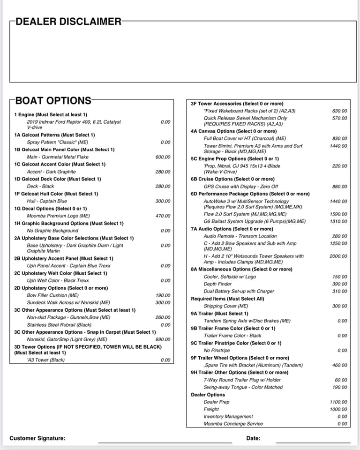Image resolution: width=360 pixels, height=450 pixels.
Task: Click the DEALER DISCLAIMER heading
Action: click(x=68, y=22)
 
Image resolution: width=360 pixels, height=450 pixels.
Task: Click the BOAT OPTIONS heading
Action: click(x=53, y=100)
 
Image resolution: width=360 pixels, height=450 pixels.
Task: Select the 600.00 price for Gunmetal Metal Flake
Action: click(x=163, y=157)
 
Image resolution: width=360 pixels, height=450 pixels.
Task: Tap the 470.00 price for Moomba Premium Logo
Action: click(x=163, y=216)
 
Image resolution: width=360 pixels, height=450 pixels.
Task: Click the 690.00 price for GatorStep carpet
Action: click(x=163, y=339)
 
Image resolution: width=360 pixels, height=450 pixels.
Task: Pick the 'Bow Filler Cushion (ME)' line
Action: click(x=53, y=295)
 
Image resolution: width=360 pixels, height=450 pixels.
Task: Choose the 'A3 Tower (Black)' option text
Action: click(x=46, y=360)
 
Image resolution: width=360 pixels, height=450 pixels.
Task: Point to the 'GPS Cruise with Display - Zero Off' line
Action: click(x=240, y=187)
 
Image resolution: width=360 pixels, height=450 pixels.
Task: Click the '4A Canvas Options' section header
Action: click(x=233, y=131)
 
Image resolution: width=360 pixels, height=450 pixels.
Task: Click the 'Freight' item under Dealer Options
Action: click(x=211, y=409)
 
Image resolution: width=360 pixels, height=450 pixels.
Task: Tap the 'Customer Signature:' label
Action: click(x=37, y=439)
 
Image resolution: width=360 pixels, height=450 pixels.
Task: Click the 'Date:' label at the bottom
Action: click(x=253, y=439)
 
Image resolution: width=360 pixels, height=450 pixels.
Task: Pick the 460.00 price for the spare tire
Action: click(x=340, y=365)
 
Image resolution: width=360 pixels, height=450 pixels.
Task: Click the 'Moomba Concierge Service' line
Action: click(x=233, y=424)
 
